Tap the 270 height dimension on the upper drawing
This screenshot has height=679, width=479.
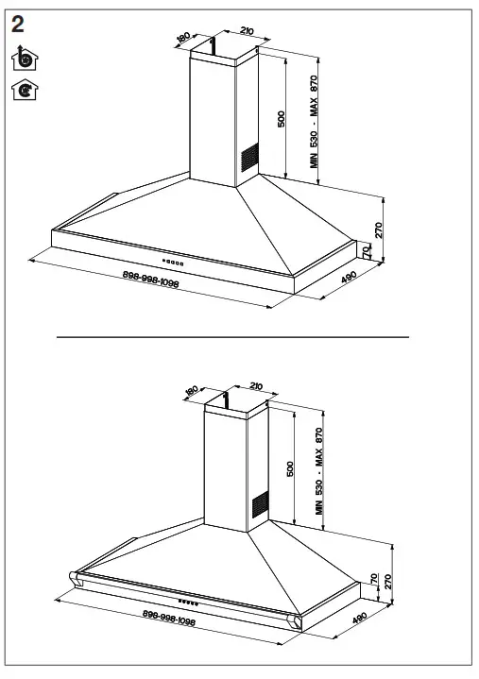click(x=378, y=229)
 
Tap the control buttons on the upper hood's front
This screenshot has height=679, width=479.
click(x=172, y=261)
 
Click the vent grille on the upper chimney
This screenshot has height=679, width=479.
click(x=248, y=159)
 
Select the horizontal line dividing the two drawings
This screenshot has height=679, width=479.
click(x=232, y=337)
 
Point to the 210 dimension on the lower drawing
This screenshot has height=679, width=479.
click(x=255, y=385)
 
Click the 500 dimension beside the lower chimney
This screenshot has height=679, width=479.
click(x=291, y=467)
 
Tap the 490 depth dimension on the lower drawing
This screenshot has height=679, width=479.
click(x=358, y=620)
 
